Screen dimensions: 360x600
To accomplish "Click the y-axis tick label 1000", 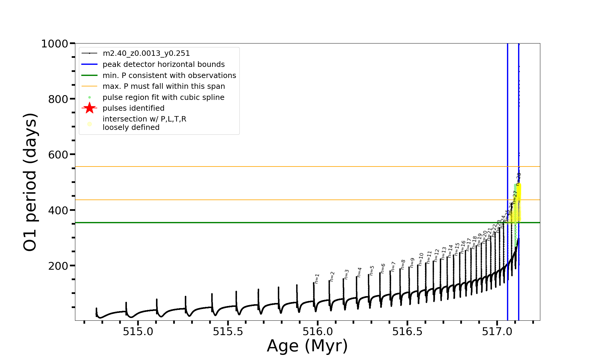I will click(54, 44).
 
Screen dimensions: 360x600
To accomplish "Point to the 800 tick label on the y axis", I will click(58, 99).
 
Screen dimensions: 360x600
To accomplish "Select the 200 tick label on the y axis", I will click(58, 266).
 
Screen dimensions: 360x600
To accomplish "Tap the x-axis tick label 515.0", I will click(138, 331).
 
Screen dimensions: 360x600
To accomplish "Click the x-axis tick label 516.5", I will click(407, 331).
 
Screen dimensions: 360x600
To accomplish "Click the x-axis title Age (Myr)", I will click(307, 346).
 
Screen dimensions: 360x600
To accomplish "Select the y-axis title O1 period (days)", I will click(30, 182).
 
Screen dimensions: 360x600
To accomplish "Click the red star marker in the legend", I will click(89, 108).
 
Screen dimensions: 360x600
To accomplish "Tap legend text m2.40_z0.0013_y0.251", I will click(146, 53).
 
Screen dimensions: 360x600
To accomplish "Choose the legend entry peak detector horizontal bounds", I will click(163, 64).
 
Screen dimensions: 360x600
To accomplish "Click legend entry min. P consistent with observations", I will click(169, 75).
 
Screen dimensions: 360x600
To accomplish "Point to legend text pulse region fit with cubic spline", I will click(163, 97).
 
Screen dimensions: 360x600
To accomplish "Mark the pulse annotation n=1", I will click(317, 279).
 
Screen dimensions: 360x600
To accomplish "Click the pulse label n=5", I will click(372, 271).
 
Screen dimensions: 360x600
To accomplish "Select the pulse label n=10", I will click(421, 259).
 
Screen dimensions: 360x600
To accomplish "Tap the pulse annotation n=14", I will click(450, 251).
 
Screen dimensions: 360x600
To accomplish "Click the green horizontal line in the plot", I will click(270, 223).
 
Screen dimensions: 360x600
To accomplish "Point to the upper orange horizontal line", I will click(270, 166).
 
